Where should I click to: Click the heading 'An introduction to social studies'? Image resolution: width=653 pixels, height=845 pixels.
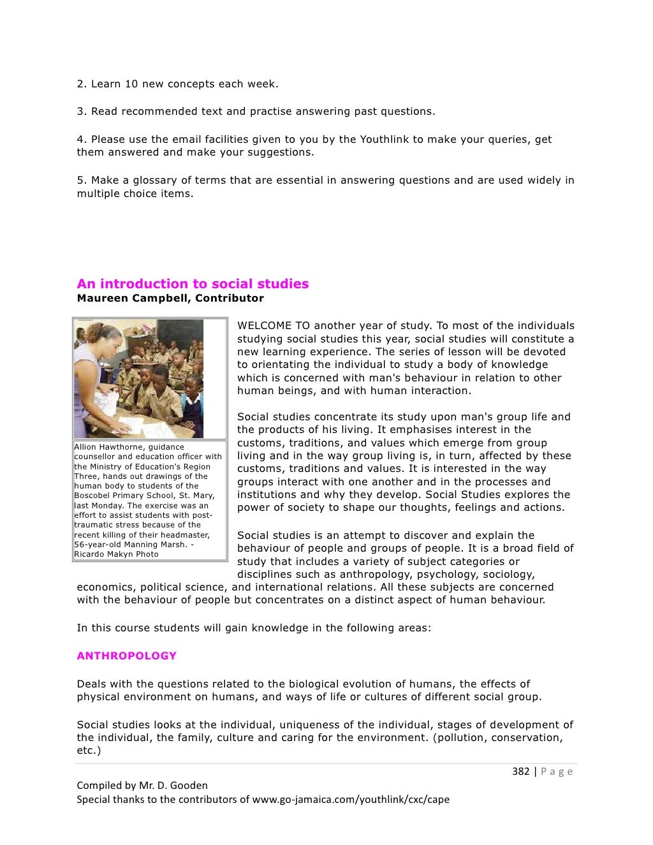[193, 284]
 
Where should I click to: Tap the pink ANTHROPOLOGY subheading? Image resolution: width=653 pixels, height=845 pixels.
[126, 656]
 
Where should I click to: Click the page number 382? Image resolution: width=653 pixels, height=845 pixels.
[520, 771]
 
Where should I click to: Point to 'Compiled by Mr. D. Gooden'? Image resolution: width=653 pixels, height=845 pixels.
[142, 785]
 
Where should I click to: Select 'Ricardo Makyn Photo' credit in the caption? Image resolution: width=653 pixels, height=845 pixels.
[116, 554]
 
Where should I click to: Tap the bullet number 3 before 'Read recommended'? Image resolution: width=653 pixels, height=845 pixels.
[81, 111]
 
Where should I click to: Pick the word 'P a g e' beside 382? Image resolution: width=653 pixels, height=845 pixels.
[557, 771]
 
